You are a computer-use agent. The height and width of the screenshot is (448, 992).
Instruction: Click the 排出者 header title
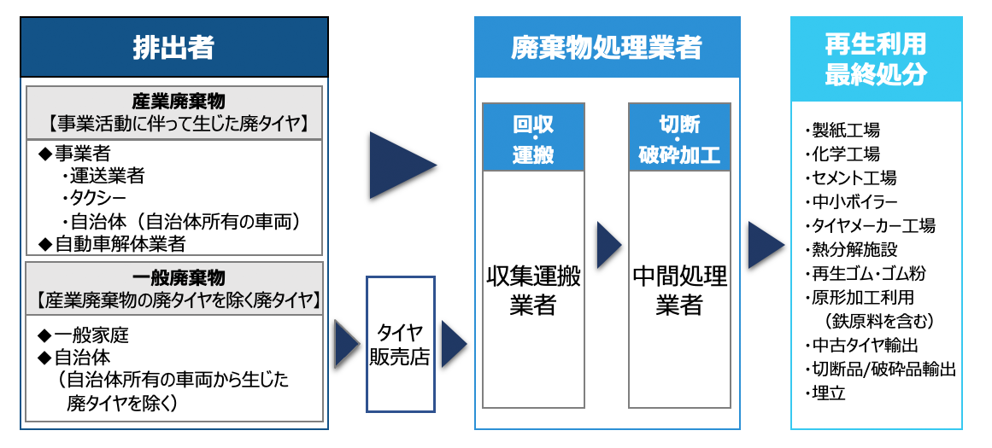[173, 48]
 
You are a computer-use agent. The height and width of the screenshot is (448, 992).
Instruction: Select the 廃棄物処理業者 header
[607, 48]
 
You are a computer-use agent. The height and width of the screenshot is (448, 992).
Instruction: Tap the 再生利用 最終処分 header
[876, 59]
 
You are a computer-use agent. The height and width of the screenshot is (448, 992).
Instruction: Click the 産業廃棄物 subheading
[173, 101]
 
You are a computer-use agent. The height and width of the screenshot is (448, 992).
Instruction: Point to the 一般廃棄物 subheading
[173, 278]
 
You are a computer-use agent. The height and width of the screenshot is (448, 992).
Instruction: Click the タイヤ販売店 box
[400, 343]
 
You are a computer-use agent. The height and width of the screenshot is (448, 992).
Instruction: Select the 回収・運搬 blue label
[533, 139]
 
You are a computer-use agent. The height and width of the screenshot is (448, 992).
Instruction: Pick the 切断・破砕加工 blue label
[680, 139]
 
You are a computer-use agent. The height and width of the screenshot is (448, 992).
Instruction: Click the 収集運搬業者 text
[533, 290]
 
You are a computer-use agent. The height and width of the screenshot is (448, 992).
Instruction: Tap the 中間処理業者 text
[680, 290]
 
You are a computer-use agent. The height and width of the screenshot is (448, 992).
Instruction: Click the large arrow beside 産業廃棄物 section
[398, 166]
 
